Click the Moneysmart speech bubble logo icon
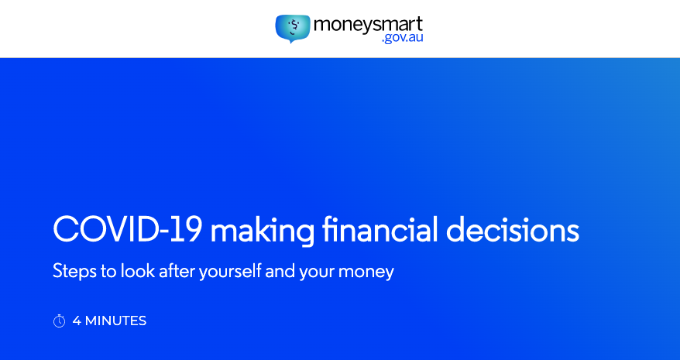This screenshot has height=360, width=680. point(293,29)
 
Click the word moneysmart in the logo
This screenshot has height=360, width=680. point(368,25)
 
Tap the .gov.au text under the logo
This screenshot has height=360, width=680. point(402,38)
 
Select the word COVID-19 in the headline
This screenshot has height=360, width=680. point(128,229)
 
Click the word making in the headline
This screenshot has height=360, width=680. point(262,231)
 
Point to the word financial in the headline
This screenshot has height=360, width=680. point(379,228)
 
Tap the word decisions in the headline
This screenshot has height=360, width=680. point(512,228)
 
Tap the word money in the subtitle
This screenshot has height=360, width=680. point(366,273)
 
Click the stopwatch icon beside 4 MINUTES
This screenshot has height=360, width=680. point(59,321)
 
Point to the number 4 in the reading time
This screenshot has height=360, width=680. point(77,321)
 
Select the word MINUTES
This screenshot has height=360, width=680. point(116,321)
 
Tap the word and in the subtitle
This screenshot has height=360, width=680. point(280,271)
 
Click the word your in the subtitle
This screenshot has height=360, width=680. point(317,273)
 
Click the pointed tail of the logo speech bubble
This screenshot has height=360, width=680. point(291,43)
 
